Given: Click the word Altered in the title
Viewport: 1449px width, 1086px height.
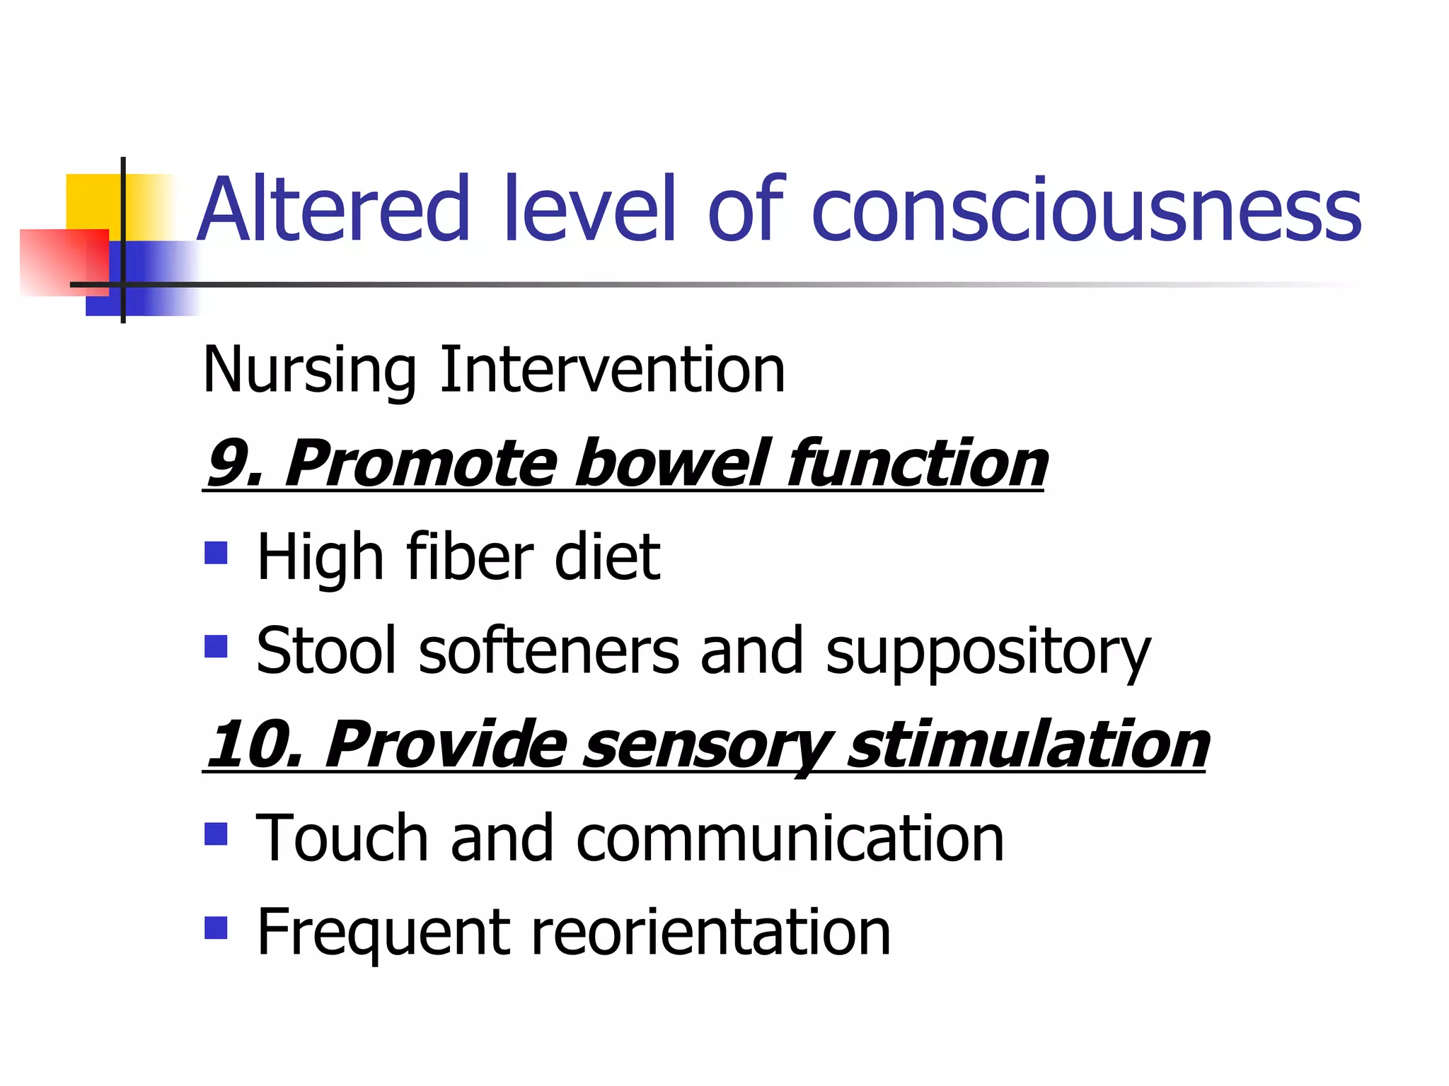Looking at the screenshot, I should tap(333, 209).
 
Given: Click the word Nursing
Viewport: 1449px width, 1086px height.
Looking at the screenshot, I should tap(309, 370).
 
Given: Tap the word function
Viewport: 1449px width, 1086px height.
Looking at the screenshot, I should tap(917, 463).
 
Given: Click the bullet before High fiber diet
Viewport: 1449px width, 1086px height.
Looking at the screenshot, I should tap(216, 553).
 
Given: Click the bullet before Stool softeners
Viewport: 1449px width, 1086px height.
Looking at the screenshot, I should tap(216, 646).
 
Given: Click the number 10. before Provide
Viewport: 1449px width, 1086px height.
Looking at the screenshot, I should tap(255, 745).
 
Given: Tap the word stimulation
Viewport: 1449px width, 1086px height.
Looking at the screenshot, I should tap(1028, 745).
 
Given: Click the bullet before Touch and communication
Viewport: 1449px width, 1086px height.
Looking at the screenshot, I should tap(216, 834).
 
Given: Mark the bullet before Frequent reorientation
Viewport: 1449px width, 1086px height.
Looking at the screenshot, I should tap(216, 927).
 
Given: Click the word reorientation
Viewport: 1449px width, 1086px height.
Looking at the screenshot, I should tap(710, 933).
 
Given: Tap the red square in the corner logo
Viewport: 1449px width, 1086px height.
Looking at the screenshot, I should tap(64, 262).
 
